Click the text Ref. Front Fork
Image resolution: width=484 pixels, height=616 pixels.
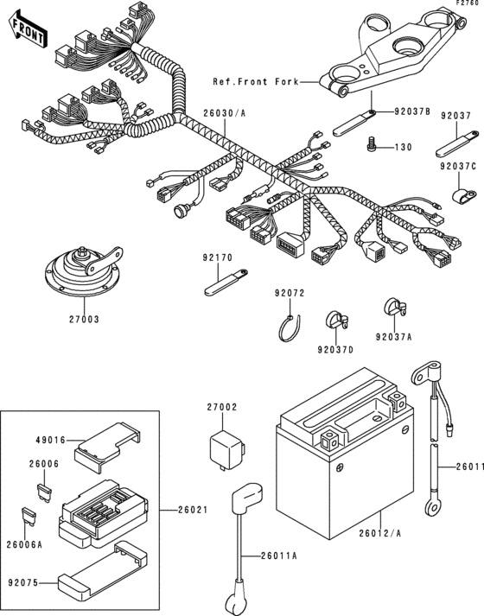pos(255,82)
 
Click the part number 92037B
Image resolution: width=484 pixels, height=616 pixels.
pos(412,111)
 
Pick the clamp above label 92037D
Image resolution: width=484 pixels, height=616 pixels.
pos(334,320)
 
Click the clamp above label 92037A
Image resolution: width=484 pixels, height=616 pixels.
pos(394,308)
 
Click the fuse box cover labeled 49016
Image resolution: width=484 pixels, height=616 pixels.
pos(103,441)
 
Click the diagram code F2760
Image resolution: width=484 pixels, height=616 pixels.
pos(466,4)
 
